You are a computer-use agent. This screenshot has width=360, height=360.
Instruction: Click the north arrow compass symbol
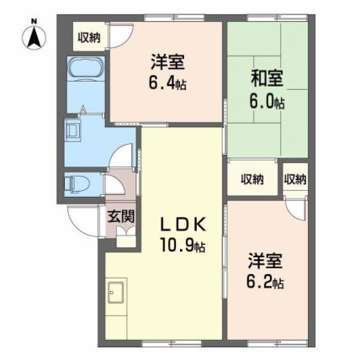[x=34, y=38]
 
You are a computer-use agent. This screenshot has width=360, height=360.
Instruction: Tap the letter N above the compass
[x=34, y=20]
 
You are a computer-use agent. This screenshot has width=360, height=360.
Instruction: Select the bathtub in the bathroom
[x=86, y=69]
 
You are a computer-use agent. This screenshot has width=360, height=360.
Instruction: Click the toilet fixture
[x=77, y=184]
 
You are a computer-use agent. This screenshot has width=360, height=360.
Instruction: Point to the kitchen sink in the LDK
[x=116, y=293]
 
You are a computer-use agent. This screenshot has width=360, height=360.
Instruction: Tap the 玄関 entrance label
[x=122, y=216]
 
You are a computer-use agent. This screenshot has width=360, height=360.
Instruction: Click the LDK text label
[x=183, y=224]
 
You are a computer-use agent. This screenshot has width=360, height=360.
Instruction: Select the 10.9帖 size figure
[x=183, y=246]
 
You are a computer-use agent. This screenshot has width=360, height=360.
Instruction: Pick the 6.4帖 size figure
[x=167, y=82]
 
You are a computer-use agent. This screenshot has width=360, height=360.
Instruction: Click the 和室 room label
[x=267, y=78]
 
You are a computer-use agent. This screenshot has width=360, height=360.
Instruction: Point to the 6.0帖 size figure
[x=267, y=103]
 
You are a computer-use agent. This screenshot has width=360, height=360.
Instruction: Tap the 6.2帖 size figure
[x=265, y=283]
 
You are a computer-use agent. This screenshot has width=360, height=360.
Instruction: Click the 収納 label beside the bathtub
[x=89, y=37]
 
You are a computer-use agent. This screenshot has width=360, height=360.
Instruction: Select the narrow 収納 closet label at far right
[x=295, y=179]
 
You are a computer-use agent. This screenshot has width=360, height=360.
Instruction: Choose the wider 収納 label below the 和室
[x=252, y=179]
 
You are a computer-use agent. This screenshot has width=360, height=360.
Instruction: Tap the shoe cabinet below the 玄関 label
[x=126, y=238]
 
